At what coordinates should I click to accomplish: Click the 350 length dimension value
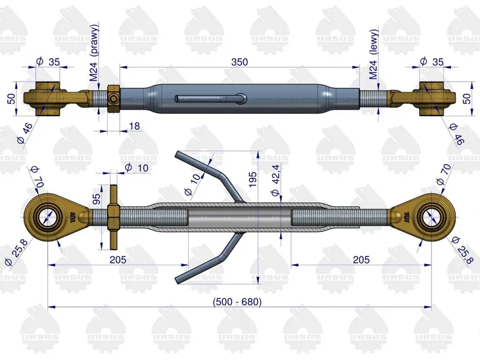coord(239,62)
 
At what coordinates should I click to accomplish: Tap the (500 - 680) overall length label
coord(237,302)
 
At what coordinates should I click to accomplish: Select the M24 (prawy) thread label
coord(94,53)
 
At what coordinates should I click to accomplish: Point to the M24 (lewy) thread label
coord(373,55)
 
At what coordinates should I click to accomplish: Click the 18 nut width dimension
coord(134,126)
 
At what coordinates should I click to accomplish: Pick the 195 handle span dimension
coord(252,180)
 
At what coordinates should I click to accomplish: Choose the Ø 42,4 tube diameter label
coord(276,180)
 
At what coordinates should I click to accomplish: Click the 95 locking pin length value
coord(97,199)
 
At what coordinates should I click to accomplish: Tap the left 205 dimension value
coord(118,259)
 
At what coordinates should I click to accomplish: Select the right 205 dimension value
coord(361,259)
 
